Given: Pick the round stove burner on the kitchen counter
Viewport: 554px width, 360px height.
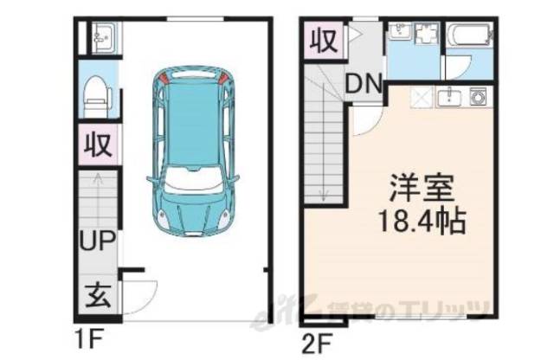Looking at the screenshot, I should coord(478,96).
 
